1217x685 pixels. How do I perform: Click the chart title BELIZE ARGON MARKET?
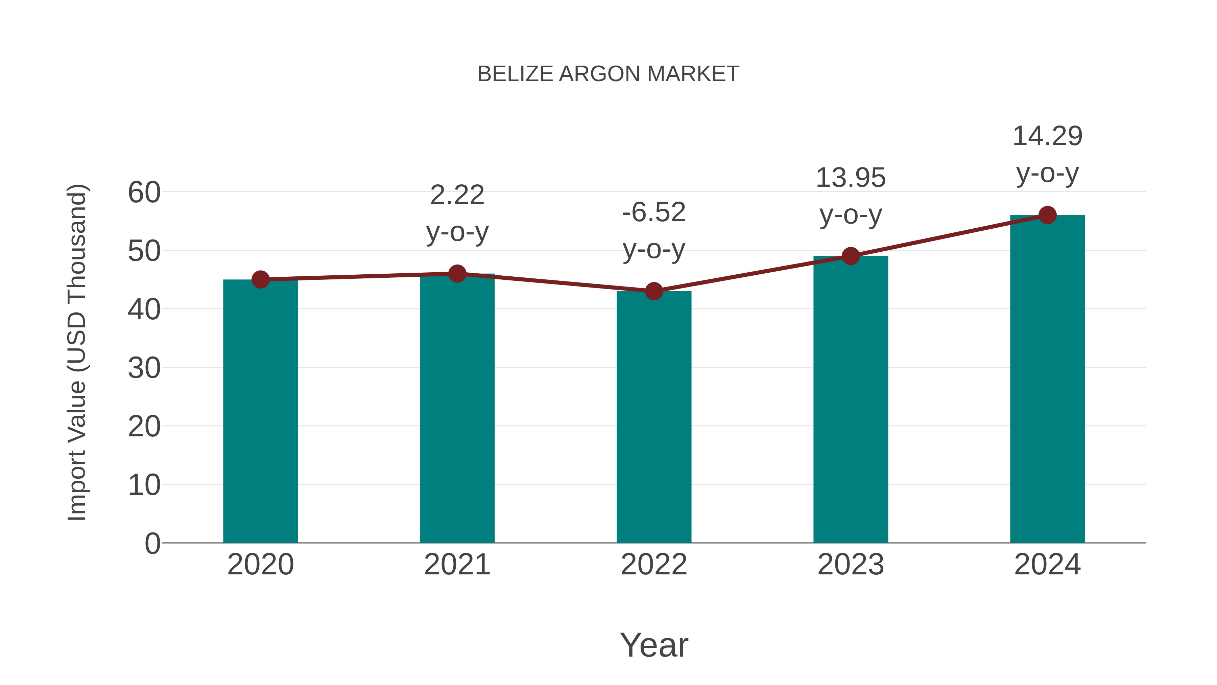608,74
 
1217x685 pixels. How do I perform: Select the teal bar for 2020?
260,411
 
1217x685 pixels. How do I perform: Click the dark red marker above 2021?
457,274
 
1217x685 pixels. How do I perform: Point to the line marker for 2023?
851,256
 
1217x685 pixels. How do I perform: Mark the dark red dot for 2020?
260,279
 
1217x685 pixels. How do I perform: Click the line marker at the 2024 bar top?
1047,215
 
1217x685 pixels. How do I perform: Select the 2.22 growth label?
457,195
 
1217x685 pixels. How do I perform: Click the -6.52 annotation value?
654,212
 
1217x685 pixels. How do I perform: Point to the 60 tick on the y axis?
144,192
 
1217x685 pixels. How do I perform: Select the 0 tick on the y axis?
152,543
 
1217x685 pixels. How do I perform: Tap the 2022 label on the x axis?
654,565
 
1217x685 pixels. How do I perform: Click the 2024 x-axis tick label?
1047,565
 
